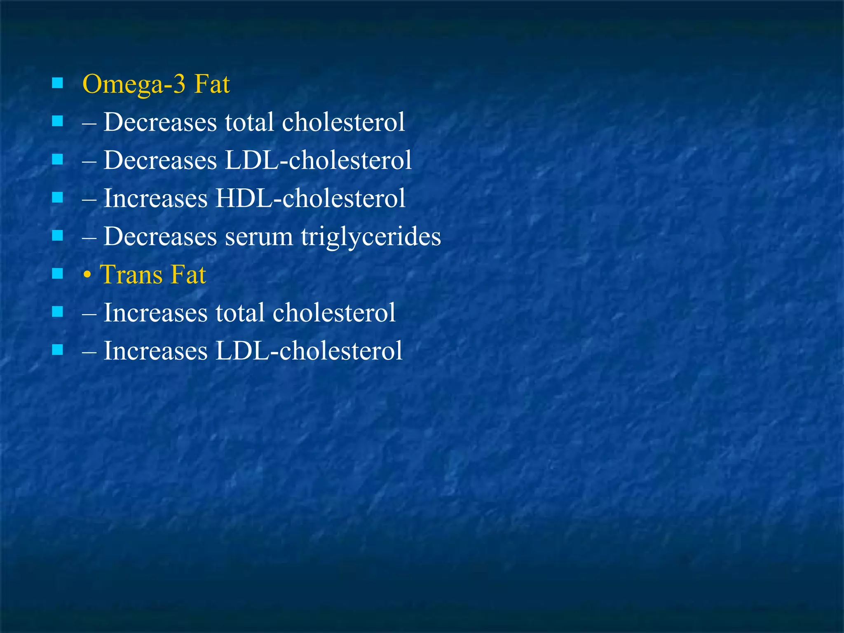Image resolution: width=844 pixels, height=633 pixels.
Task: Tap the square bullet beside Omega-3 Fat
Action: (58, 83)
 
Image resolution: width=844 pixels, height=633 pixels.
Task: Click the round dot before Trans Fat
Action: (87, 276)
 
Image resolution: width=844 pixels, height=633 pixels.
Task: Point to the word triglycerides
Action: (370, 237)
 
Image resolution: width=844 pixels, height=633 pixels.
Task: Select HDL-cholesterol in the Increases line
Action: (310, 199)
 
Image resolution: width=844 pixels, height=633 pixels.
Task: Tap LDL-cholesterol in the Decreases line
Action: (318, 160)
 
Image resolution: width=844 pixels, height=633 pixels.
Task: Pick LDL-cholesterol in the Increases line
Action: (309, 351)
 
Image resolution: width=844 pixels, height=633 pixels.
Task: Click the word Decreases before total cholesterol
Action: (160, 122)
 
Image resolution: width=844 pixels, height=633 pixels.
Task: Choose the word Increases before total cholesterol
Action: (155, 313)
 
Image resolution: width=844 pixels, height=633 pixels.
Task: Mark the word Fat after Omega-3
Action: (212, 84)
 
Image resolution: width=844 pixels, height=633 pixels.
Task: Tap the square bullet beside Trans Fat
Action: (58, 274)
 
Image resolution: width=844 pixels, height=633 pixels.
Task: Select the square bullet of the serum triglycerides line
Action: (58, 236)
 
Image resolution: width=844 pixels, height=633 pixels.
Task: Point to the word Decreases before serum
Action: (160, 237)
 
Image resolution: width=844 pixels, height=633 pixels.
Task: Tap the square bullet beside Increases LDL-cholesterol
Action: (58, 350)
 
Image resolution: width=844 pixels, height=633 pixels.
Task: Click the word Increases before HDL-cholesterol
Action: (155, 199)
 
